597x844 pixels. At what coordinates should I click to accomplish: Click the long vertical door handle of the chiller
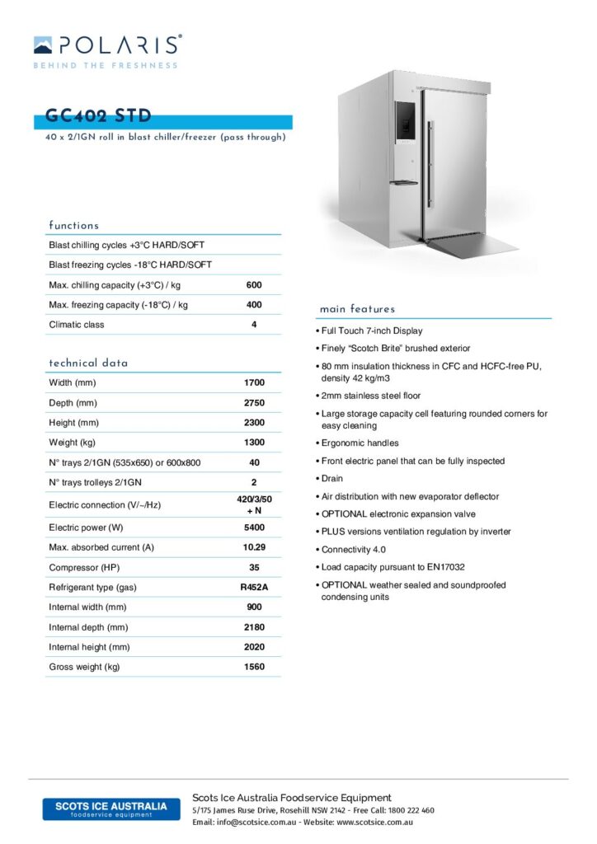click(429, 163)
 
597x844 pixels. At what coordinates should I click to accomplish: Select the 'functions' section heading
click(74, 225)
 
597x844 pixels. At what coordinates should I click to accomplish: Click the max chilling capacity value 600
click(254, 285)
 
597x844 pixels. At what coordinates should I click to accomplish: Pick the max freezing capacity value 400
click(254, 305)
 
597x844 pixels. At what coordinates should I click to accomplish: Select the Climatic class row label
click(77, 325)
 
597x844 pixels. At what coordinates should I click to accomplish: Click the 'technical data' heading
click(88, 363)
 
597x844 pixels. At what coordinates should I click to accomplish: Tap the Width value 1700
click(254, 383)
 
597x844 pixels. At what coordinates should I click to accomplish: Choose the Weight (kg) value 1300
click(254, 443)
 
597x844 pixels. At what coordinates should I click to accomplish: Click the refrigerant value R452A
click(254, 587)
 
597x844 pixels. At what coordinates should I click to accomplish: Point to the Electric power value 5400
click(254, 527)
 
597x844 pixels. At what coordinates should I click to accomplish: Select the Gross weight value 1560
click(254, 667)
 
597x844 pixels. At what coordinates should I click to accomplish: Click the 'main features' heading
click(358, 309)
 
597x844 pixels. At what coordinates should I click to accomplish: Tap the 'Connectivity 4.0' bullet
click(354, 550)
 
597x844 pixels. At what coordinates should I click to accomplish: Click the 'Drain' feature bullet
click(332, 479)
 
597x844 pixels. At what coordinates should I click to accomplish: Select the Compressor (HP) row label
click(85, 567)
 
